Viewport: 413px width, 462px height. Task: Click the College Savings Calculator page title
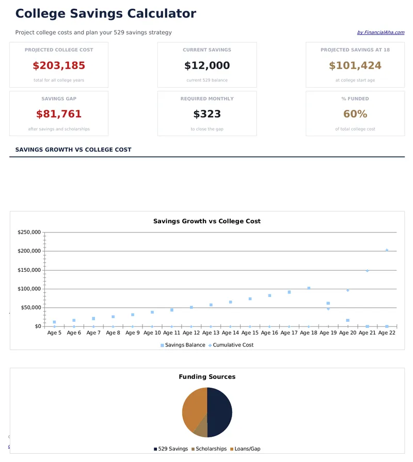pos(105,14)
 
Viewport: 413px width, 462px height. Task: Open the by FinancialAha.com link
pos(380,32)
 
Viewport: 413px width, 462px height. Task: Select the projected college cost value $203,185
pos(59,66)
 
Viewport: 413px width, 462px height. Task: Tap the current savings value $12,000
pos(207,66)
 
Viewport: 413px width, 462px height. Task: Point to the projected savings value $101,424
pos(355,66)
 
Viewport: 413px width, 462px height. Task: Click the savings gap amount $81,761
pos(59,114)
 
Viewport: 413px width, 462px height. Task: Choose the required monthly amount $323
pos(207,114)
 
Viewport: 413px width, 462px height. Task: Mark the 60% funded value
pos(355,114)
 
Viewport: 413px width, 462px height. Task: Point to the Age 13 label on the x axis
pos(211,333)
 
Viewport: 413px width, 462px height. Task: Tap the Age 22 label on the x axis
pos(387,333)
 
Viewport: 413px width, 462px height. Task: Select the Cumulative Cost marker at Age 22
pos(387,250)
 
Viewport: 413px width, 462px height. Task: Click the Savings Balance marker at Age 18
pos(309,288)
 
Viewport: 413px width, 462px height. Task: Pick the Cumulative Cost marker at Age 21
pos(367,270)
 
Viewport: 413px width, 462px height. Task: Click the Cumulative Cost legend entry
pos(233,345)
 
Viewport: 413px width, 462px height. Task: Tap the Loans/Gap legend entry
pos(245,449)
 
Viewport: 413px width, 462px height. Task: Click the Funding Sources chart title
pos(207,377)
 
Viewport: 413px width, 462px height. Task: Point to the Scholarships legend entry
pos(209,449)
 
